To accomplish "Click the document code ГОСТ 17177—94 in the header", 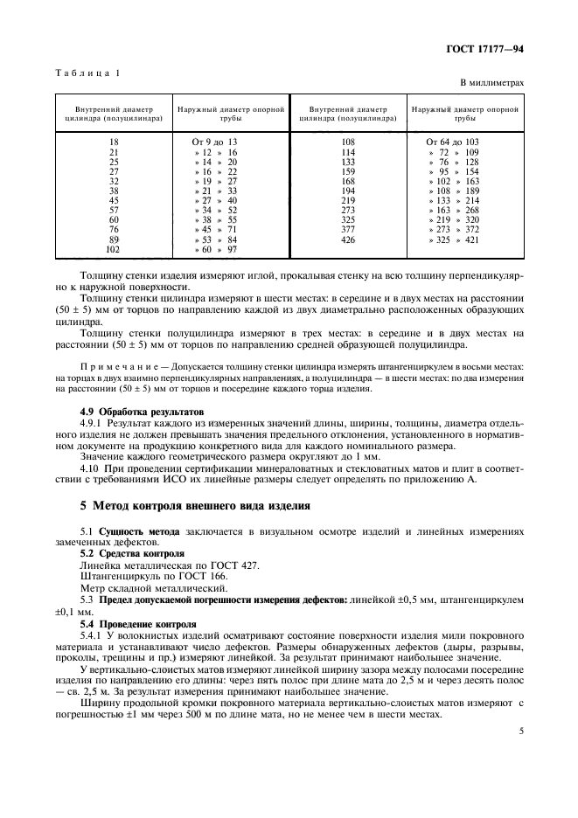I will coord(487,52).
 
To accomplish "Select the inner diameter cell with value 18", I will coord(113,142).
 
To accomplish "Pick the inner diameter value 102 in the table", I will coord(113,250).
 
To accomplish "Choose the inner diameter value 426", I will coord(347,239).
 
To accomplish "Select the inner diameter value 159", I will coord(347,172).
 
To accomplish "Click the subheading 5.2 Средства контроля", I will coord(131,554).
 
